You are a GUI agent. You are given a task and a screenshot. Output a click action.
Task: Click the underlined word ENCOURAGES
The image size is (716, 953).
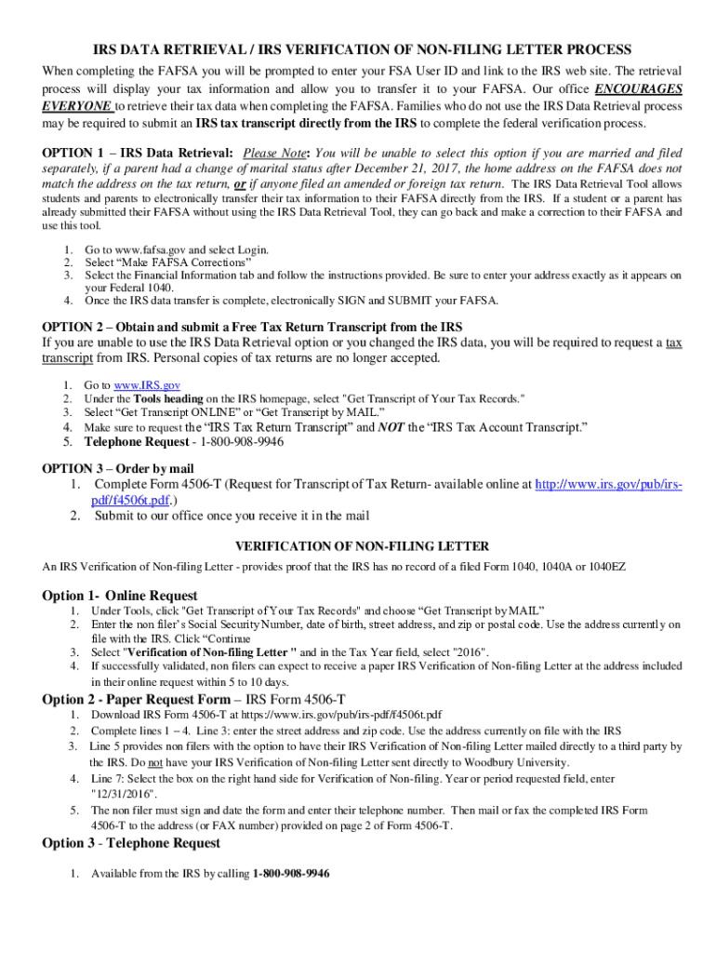[638, 89]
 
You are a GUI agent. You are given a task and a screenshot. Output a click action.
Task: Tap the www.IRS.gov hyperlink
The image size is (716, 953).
[132, 384]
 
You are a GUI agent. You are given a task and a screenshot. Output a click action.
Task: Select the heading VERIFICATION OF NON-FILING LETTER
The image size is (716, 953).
[362, 546]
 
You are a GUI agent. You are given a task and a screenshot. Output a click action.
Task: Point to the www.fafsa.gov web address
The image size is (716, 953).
[130, 250]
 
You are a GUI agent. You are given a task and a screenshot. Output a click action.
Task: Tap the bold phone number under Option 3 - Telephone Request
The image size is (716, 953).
[286, 874]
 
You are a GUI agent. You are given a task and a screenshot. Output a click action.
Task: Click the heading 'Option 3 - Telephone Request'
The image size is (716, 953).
[131, 843]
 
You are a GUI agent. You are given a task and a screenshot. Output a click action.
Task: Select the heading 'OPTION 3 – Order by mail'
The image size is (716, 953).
[118, 469]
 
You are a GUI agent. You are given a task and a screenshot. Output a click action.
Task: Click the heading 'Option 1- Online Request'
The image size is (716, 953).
[120, 595]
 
